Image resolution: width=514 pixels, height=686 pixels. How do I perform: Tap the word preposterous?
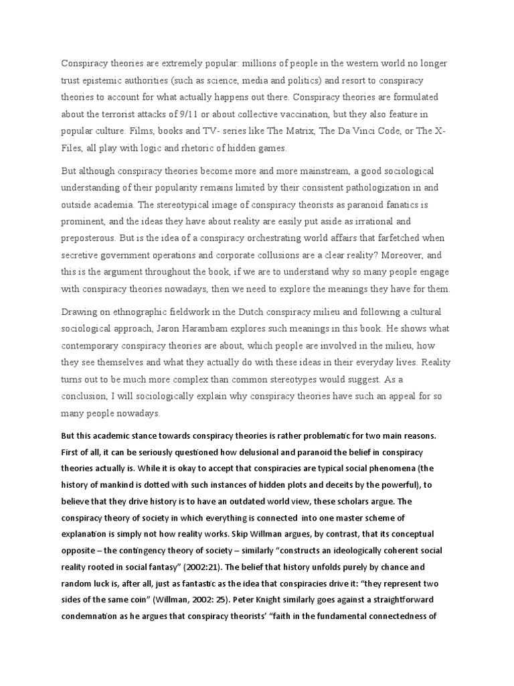pyautogui.click(x=90, y=238)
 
